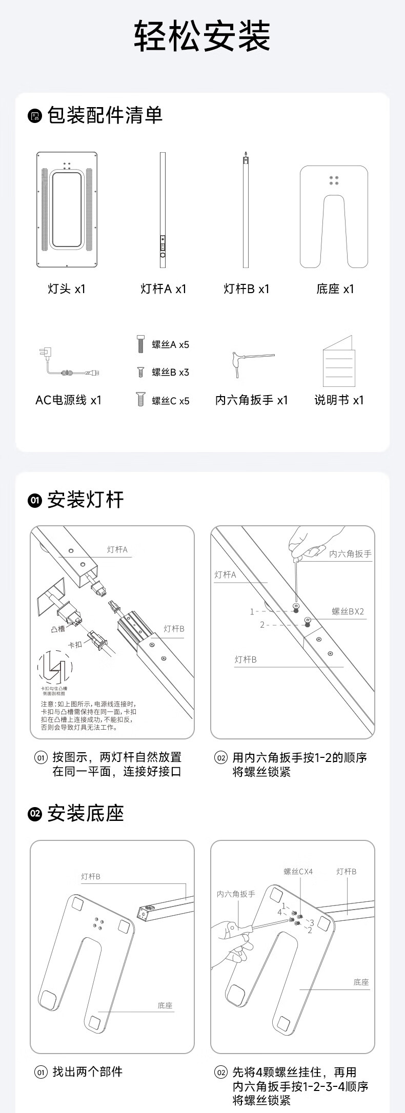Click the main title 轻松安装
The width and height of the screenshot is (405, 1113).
(x=202, y=36)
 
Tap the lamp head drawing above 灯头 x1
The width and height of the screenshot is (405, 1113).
(x=67, y=210)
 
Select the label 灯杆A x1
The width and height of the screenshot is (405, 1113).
(x=164, y=289)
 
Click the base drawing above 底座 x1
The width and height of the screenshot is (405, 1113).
(x=334, y=217)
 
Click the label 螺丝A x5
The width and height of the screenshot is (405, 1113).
(x=170, y=345)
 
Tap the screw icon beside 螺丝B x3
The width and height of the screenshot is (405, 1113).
(x=140, y=372)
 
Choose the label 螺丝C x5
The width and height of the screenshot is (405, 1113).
(x=170, y=401)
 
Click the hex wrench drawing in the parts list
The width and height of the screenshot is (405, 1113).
(x=251, y=363)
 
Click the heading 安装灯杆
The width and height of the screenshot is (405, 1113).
(x=86, y=500)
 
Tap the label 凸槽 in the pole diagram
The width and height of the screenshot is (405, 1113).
(x=58, y=629)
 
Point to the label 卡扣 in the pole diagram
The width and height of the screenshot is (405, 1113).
(x=75, y=645)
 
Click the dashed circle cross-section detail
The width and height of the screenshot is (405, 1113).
(x=55, y=668)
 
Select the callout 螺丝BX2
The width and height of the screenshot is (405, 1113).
(x=348, y=611)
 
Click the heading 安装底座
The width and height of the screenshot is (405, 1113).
(x=86, y=813)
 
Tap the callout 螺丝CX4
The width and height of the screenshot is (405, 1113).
(x=298, y=871)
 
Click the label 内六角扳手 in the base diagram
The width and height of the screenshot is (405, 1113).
(x=235, y=894)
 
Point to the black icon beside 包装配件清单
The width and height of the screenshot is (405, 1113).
(x=34, y=116)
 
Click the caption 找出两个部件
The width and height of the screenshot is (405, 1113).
(x=88, y=1071)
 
